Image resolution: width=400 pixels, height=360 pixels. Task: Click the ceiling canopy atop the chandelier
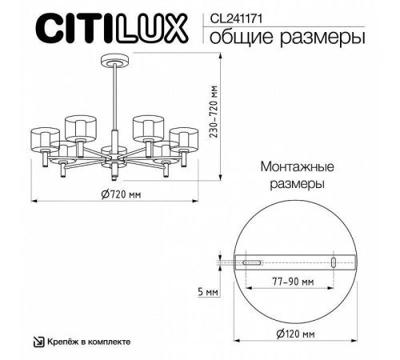114,59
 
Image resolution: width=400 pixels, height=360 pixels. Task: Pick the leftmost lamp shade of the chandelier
45,138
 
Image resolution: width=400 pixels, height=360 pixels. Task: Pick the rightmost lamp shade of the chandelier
183,138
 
